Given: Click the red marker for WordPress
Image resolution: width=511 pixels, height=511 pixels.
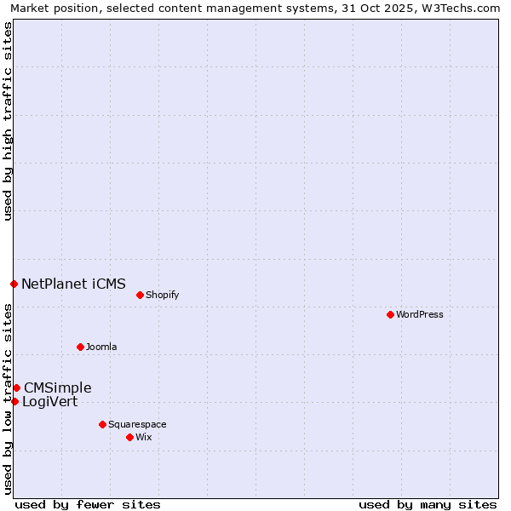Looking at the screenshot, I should (390, 314).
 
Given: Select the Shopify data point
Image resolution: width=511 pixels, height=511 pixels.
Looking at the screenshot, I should (140, 295).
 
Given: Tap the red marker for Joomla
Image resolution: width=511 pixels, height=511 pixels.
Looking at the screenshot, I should (80, 347).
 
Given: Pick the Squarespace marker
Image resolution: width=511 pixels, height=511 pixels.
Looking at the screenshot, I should (102, 424).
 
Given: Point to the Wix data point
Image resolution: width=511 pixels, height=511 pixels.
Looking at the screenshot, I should (129, 437).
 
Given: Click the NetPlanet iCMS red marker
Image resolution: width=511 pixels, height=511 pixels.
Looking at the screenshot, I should (14, 284).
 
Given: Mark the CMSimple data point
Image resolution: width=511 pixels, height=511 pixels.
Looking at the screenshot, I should (16, 388).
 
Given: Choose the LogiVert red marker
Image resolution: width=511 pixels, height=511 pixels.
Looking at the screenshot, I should (14, 401).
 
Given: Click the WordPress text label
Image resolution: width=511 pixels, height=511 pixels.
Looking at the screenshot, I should (420, 314).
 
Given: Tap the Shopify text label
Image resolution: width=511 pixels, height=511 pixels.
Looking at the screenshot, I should (162, 295).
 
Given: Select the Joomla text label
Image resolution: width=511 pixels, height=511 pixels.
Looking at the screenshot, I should (101, 347).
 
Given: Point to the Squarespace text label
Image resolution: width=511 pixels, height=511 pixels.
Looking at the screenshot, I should (137, 424).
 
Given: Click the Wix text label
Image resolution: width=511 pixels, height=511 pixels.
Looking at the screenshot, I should (143, 437).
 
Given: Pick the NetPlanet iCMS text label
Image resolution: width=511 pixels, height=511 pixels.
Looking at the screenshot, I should (73, 284).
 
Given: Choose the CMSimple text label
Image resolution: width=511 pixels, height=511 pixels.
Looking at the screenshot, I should (57, 388).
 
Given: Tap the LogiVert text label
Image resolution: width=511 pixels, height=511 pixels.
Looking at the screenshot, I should (49, 401).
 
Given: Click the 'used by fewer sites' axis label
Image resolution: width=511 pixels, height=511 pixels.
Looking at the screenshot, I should (88, 504).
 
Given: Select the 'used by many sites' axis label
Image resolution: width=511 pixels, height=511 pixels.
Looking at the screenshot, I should (428, 504).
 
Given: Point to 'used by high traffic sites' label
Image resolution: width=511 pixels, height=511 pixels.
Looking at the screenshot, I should (8, 121).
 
